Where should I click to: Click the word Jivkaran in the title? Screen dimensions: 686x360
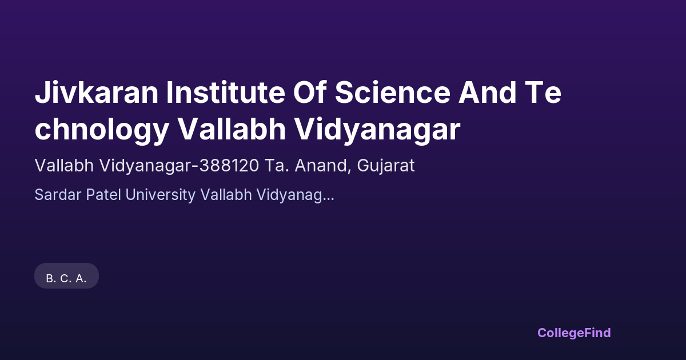click(97, 93)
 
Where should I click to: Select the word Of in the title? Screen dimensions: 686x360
click(310, 92)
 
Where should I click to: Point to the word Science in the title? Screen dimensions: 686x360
click(393, 93)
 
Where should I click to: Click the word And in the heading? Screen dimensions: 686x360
click(487, 93)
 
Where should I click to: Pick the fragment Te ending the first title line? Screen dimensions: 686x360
click(543, 93)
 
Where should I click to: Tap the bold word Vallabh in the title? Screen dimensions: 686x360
click(232, 129)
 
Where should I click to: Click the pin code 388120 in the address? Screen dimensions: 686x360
click(229, 166)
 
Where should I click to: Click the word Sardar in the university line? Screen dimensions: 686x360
click(58, 195)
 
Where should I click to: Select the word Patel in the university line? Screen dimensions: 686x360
click(103, 195)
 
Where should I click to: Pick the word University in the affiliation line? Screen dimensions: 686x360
click(161, 195)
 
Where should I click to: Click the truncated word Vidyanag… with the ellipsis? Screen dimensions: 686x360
click(295, 195)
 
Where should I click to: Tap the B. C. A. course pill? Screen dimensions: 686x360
click(66, 275)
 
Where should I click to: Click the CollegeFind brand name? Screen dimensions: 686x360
click(574, 333)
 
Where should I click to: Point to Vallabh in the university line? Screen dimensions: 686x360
click(226, 195)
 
